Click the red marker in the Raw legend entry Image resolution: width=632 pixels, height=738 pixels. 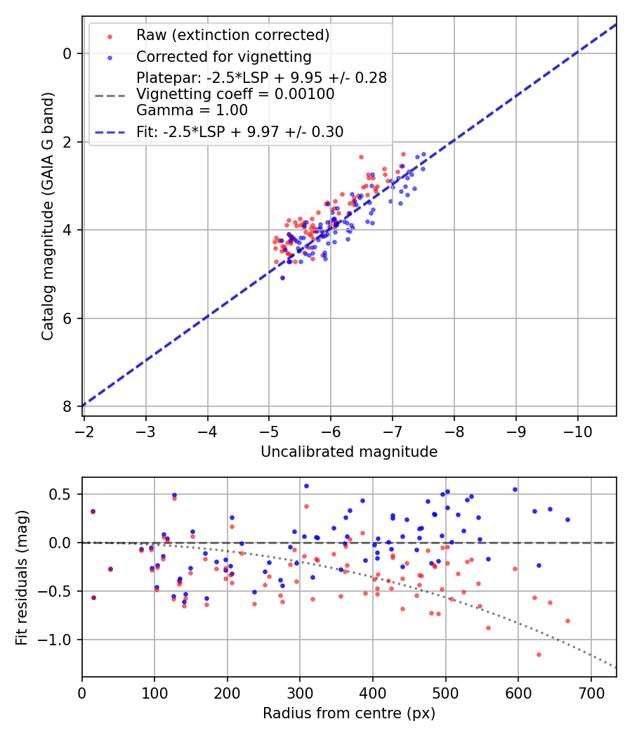(110, 36)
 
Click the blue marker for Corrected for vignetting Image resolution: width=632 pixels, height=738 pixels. (110, 57)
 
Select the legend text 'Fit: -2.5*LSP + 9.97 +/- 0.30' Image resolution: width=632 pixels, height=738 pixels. (240, 131)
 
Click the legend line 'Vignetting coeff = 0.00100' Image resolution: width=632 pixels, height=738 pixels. (235, 94)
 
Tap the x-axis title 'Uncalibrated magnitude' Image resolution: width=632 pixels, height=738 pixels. (349, 452)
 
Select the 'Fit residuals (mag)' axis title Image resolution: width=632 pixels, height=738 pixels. (22, 577)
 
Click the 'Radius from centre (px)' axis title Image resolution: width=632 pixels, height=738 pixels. (349, 713)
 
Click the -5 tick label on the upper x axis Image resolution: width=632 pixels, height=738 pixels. (269, 428)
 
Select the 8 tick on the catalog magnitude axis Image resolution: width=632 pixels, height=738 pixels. (67, 406)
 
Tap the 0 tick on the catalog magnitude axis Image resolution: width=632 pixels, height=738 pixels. (67, 53)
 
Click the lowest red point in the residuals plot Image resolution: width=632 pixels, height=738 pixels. (539, 654)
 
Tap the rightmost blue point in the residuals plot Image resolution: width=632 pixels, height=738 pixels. (567, 519)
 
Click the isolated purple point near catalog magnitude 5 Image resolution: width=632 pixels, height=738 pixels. (282, 278)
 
